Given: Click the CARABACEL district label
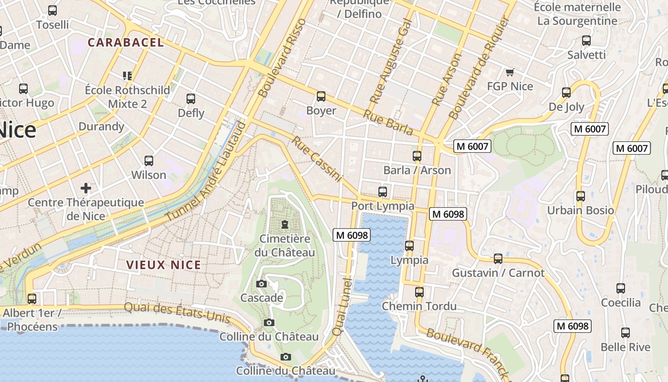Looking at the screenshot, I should tap(125, 42).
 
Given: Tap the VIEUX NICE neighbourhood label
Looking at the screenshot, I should tap(163, 265).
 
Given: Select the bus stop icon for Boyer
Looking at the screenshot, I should tap(321, 96).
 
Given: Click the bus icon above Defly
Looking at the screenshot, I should tap(191, 99).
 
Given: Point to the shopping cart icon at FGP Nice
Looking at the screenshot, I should tap(510, 73).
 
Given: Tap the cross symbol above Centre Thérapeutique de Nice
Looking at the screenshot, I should tap(86, 188).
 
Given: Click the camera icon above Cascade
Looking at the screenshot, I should tap(261, 284).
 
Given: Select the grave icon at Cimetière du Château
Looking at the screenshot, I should tap(285, 224).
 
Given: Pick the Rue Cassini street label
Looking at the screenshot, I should tap(317, 159).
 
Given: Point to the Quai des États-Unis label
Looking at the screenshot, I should tap(177, 313).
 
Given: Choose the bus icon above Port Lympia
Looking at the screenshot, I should tap(383, 192).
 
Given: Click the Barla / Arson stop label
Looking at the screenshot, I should tap(417, 170).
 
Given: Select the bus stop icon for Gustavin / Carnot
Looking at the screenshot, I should tap(498, 259).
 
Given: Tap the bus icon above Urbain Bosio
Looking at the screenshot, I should tap(580, 196).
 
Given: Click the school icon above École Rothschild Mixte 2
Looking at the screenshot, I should tap(127, 75).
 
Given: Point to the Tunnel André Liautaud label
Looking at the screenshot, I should tap(206, 172).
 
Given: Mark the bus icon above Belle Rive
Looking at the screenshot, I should tap(625, 333).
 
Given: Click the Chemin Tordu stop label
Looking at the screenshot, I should tap(419, 306).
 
